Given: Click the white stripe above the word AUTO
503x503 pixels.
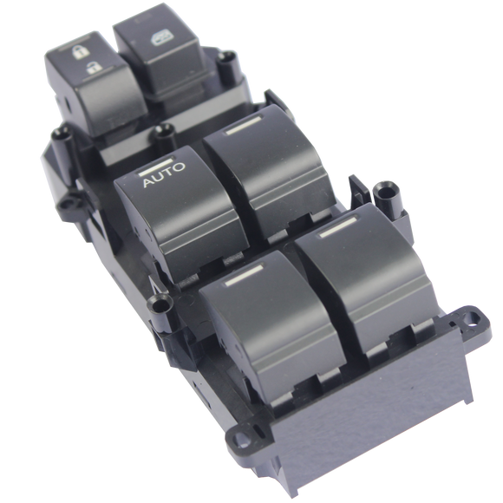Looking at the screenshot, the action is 157,167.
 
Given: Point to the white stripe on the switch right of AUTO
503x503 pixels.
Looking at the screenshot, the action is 244,125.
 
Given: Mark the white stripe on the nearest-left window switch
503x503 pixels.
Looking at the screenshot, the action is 245,276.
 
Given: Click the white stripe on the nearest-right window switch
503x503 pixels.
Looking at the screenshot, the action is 338,227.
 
